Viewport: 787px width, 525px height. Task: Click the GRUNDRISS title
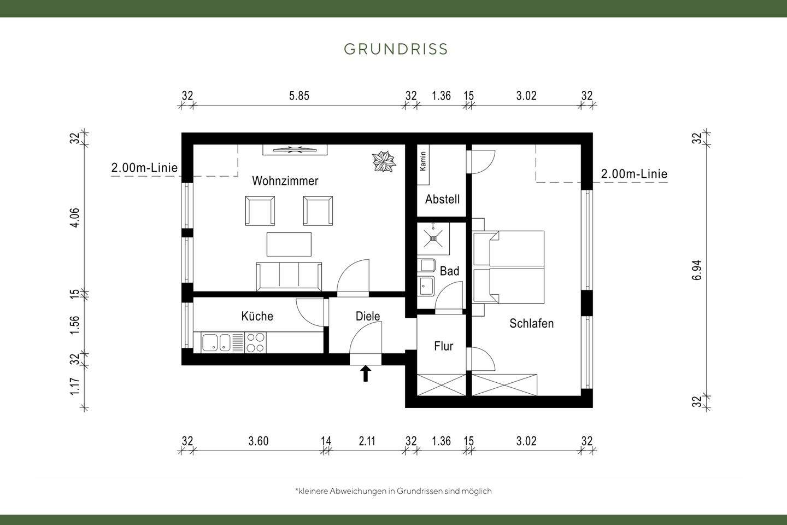[396, 49]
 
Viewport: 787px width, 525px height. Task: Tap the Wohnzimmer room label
[285, 180]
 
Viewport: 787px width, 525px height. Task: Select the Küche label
[257, 316]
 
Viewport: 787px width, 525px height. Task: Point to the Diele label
[367, 316]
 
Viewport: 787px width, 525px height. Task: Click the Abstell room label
[442, 199]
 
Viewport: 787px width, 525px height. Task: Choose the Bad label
[449, 271]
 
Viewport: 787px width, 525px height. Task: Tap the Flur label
[443, 346]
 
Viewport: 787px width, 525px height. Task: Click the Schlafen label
[531, 323]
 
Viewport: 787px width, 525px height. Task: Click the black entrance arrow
[366, 374]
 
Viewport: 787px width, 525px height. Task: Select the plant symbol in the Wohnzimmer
[384, 162]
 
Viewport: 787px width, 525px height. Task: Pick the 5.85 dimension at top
[299, 96]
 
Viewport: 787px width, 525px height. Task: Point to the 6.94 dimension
[696, 270]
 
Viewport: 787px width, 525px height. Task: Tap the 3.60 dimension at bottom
[258, 441]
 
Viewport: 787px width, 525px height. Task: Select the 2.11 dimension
[367, 441]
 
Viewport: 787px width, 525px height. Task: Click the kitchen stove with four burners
[255, 342]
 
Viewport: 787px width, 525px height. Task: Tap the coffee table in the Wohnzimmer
[289, 244]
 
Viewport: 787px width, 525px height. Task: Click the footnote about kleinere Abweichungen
[393, 491]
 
